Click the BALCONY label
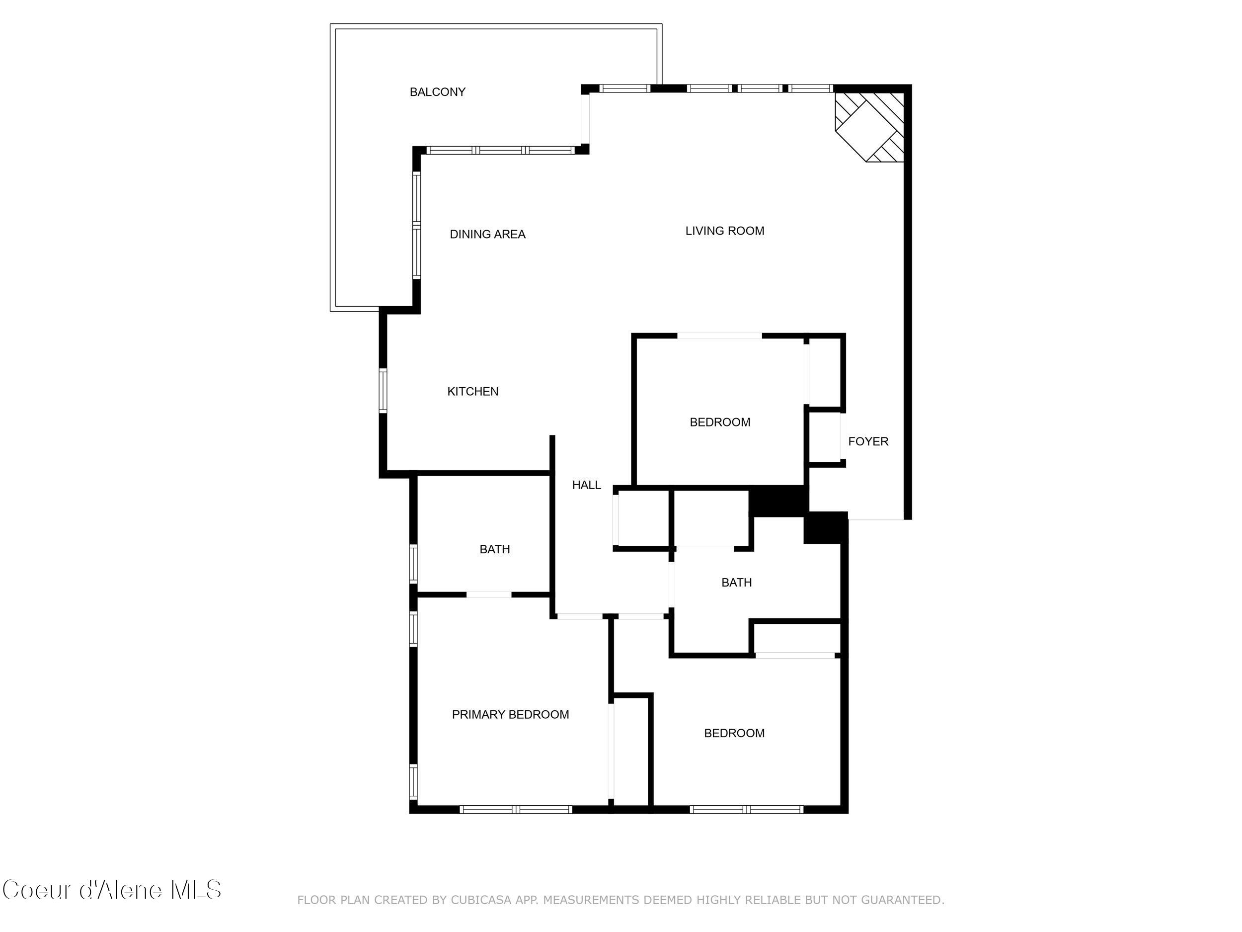[437, 92]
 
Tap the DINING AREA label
[487, 234]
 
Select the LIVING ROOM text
[724, 231]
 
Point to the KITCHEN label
[473, 392]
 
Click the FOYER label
[868, 441]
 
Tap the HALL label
[586, 485]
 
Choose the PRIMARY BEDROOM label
[510, 715]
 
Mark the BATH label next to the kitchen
[495, 549]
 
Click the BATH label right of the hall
[736, 583]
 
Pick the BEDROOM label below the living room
[720, 423]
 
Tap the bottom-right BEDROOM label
[734, 733]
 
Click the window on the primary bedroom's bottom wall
[516, 810]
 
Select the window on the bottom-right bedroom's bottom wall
[746, 810]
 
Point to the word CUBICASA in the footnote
[480, 900]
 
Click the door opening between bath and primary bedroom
[488, 594]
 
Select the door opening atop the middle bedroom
[719, 336]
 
